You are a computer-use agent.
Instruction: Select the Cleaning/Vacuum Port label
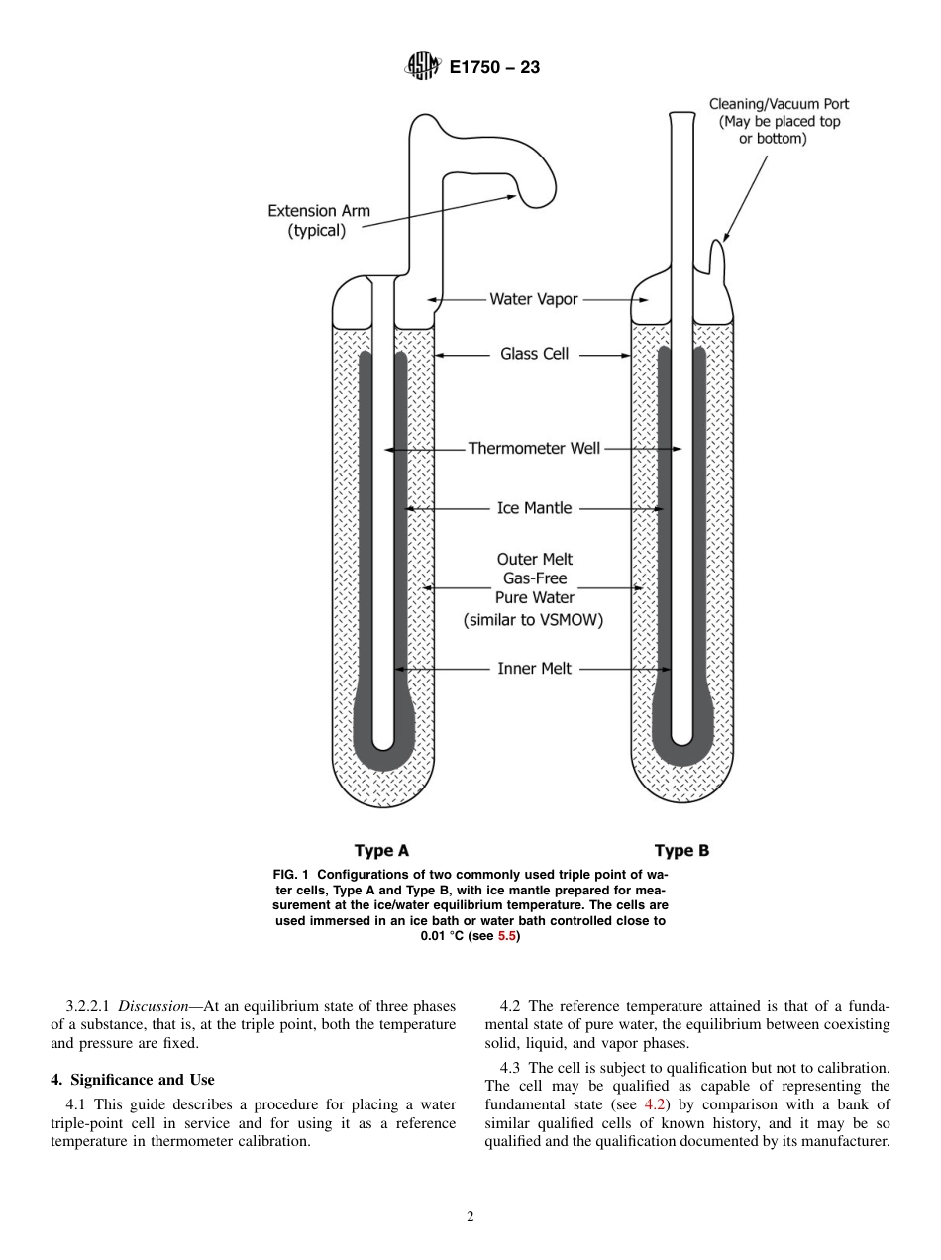[779, 121]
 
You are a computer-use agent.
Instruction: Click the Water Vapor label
[533, 299]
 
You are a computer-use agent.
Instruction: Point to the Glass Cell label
[534, 353]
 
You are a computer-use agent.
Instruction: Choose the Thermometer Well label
[534, 449]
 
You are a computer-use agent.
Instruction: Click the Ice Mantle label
[534, 508]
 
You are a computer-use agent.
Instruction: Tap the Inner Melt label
[534, 669]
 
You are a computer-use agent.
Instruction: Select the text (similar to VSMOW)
[534, 621]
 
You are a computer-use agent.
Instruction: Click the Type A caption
[381, 850]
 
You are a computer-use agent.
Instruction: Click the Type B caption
[681, 850]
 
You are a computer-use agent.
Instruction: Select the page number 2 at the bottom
[470, 1217]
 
